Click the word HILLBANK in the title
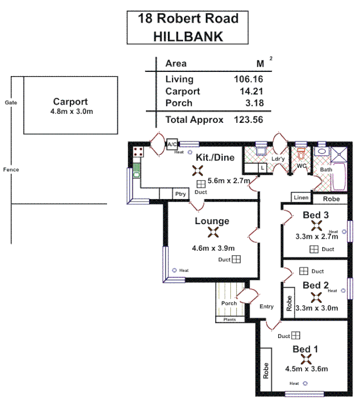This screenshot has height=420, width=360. [188, 36]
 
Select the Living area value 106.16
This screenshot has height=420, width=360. [248, 79]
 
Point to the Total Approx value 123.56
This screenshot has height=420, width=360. [248, 120]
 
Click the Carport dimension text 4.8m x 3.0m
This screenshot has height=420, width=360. [70, 112]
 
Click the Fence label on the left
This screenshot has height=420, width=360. [10, 170]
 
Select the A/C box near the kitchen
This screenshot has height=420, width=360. [172, 144]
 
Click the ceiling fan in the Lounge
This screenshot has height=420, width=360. [213, 233]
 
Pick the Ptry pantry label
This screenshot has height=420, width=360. [181, 194]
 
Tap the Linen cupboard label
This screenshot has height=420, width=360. [301, 197]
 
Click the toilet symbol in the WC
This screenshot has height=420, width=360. [301, 155]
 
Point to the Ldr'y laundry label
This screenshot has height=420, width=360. [278, 160]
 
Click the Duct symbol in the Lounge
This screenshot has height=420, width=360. [236, 259]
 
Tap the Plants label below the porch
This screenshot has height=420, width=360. [230, 319]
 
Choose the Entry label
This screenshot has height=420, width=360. [267, 307]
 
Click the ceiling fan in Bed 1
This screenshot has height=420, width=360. [306, 359]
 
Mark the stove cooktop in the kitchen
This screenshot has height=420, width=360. [139, 152]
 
